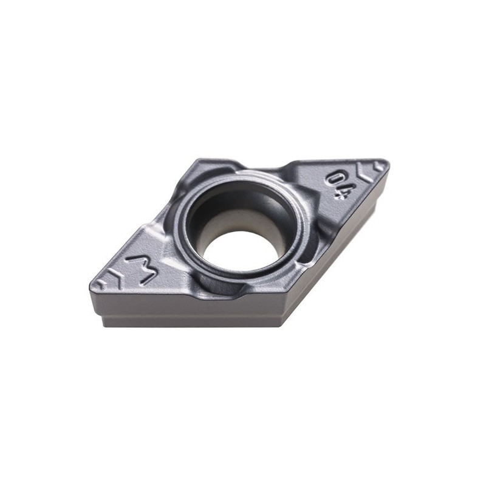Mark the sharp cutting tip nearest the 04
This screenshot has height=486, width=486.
[x=385, y=163]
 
